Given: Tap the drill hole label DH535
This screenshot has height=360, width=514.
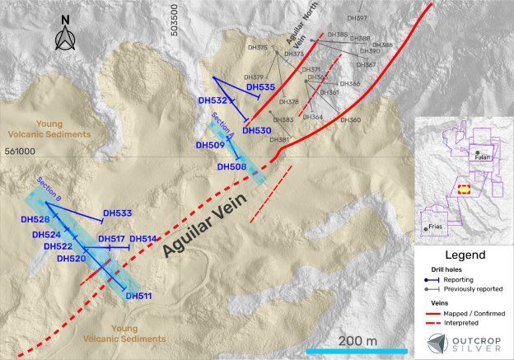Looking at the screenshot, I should click(260, 87).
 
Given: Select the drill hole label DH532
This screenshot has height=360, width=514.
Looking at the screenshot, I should click(213, 101).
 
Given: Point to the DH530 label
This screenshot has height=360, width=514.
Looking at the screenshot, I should click(257, 130).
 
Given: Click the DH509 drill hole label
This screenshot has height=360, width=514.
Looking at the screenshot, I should click(209, 146).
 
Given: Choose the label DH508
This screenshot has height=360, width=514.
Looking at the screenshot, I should click(231, 166).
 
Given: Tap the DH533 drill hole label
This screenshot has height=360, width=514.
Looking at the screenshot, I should click(118, 213).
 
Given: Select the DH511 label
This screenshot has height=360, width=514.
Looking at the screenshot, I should click(138, 296).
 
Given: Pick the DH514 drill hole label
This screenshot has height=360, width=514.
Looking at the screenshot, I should click(143, 239).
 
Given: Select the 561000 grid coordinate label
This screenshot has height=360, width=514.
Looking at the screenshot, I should click(20, 152).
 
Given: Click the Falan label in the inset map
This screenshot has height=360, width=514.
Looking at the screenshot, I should click(482, 159).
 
